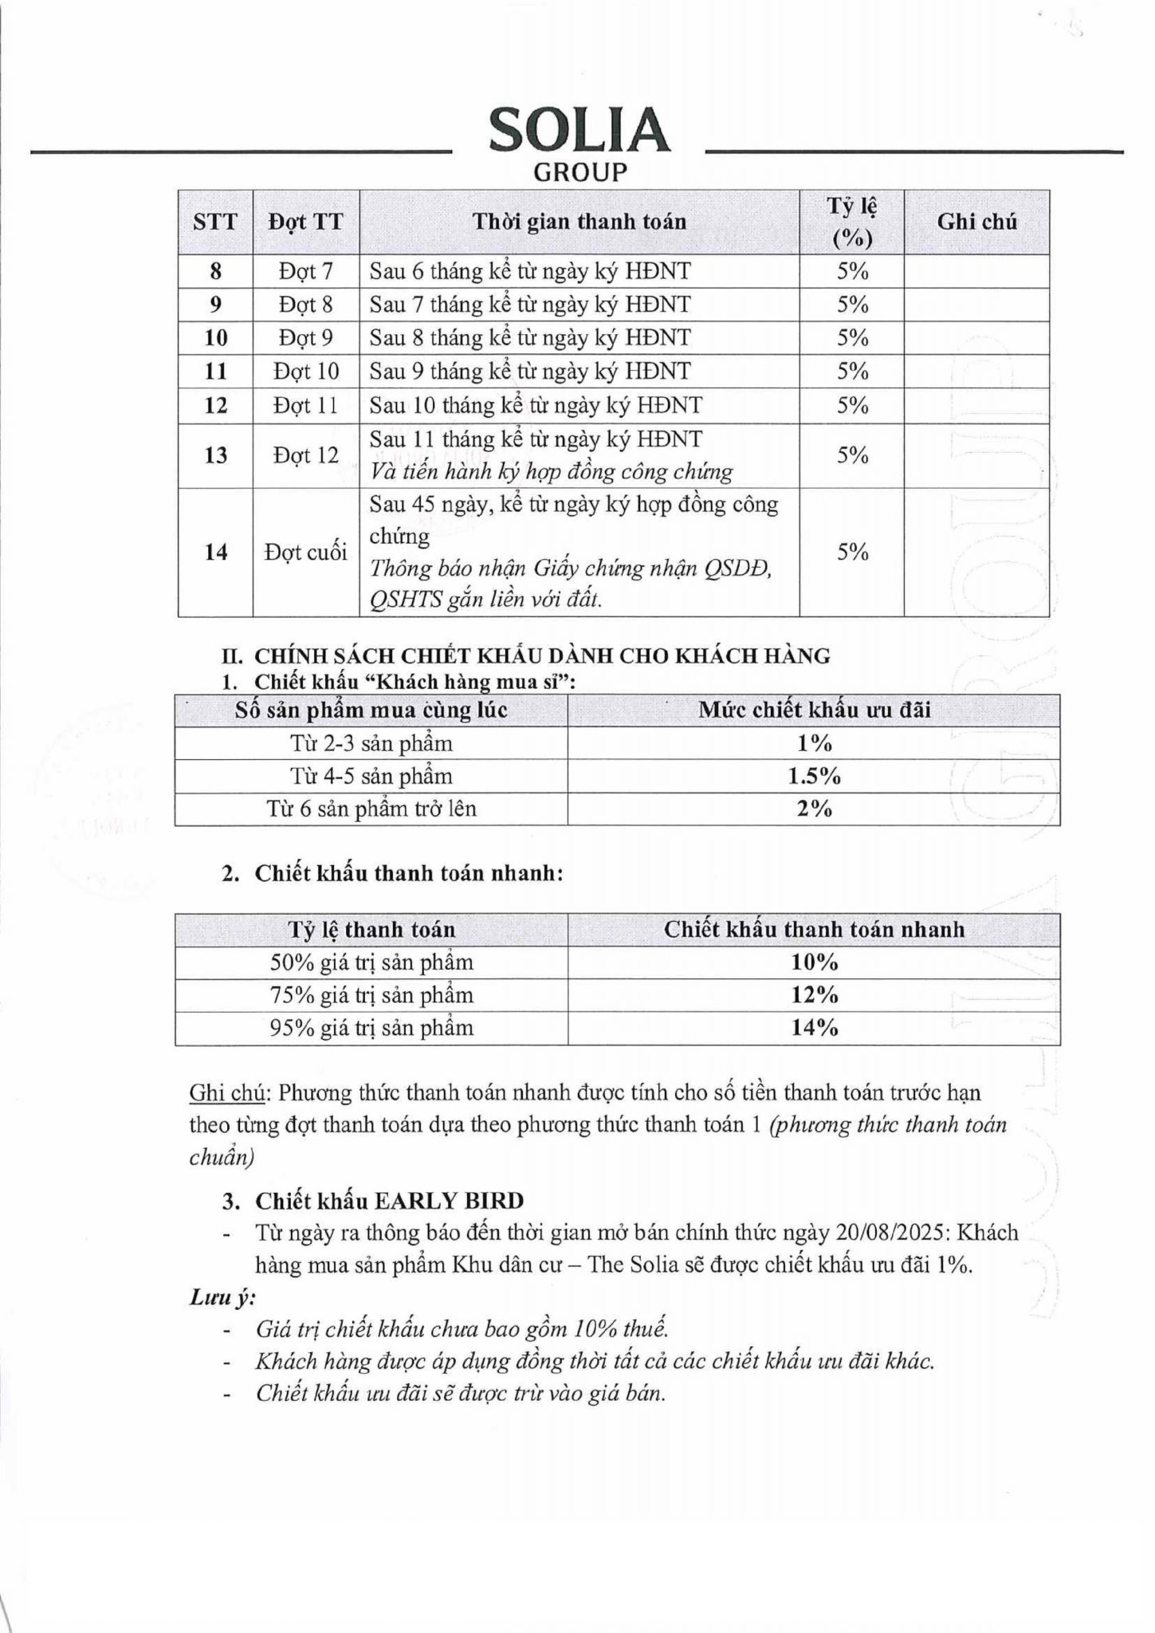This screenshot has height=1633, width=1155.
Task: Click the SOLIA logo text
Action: tap(579, 131)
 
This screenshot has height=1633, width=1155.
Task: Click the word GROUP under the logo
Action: tap(579, 172)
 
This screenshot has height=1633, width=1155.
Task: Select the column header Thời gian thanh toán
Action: tap(579, 222)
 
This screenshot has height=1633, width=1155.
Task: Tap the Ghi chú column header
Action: tap(976, 222)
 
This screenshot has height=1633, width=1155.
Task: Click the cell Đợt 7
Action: tap(306, 272)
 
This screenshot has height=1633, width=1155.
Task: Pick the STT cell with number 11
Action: tap(216, 372)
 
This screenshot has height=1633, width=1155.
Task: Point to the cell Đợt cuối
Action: tap(306, 552)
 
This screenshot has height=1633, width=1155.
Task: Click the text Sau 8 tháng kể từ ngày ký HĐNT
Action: tap(530, 338)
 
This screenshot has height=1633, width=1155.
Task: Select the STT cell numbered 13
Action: tap(216, 455)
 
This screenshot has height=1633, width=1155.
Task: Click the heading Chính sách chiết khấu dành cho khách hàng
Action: tap(542, 656)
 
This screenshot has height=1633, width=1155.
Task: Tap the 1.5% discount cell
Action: tap(814, 777)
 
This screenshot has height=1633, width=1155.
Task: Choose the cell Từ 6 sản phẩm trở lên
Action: tap(371, 809)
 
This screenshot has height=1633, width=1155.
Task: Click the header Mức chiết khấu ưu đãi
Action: tap(814, 710)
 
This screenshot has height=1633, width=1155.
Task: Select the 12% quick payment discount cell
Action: tap(814, 995)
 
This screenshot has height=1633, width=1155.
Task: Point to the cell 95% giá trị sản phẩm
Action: tap(371, 1028)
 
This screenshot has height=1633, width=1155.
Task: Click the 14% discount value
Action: tap(814, 1028)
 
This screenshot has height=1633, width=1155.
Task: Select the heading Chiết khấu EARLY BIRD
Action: tap(389, 1201)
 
